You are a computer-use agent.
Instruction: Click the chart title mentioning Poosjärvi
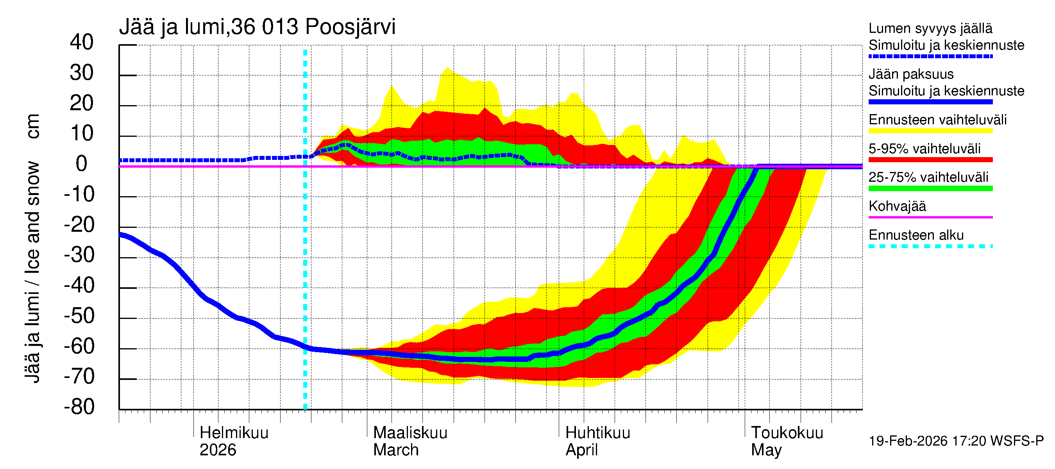[x=257, y=27]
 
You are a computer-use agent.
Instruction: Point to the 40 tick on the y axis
[x=82, y=42]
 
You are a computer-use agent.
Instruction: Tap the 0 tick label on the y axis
[x=82, y=164]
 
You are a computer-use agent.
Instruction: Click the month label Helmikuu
[x=234, y=433]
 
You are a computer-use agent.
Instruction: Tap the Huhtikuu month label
[x=597, y=433]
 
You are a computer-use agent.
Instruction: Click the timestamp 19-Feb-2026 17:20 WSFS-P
[x=956, y=441]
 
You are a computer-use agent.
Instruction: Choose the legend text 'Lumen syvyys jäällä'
[x=930, y=28]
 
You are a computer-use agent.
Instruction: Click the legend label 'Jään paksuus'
[x=911, y=74]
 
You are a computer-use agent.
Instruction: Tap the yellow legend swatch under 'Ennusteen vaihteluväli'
[x=930, y=131]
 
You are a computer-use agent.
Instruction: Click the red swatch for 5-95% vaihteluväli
[x=930, y=160]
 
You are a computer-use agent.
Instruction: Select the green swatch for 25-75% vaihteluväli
[x=930, y=188]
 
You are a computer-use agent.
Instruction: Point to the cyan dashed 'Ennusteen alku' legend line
[x=930, y=247]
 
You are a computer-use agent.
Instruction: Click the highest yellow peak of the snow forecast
[x=447, y=68]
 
